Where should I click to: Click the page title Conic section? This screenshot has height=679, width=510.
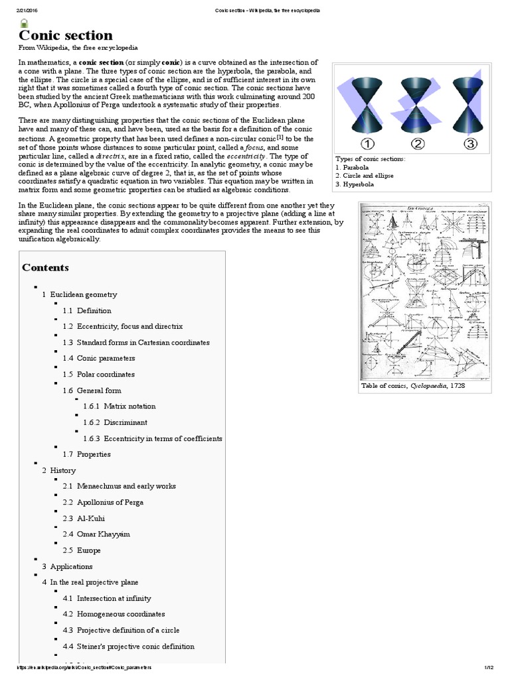click(65, 35)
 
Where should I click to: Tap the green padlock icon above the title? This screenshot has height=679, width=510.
click(24, 22)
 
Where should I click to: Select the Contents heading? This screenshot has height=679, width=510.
click(45, 268)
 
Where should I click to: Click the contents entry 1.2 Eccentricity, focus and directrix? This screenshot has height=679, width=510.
click(122, 326)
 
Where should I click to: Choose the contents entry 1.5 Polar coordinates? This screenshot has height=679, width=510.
click(98, 374)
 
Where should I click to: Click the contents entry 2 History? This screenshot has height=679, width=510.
click(58, 470)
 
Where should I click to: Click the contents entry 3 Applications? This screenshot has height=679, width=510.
click(67, 566)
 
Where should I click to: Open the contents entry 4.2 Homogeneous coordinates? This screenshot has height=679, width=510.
click(114, 614)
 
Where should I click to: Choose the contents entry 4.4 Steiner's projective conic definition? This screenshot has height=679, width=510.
click(128, 646)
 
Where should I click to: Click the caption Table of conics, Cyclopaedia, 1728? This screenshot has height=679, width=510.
click(408, 386)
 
